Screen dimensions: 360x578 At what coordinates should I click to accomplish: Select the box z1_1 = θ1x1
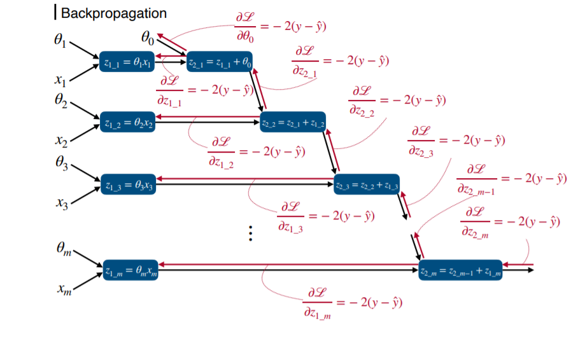[x=127, y=61]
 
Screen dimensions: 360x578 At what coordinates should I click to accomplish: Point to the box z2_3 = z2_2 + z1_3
[x=367, y=185]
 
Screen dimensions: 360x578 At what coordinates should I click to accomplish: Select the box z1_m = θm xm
[x=130, y=272]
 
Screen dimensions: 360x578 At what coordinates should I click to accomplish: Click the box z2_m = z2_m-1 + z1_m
[x=460, y=272]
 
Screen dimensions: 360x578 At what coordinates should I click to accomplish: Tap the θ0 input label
[x=147, y=39]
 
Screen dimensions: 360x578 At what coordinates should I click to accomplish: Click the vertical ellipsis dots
[x=251, y=233]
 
